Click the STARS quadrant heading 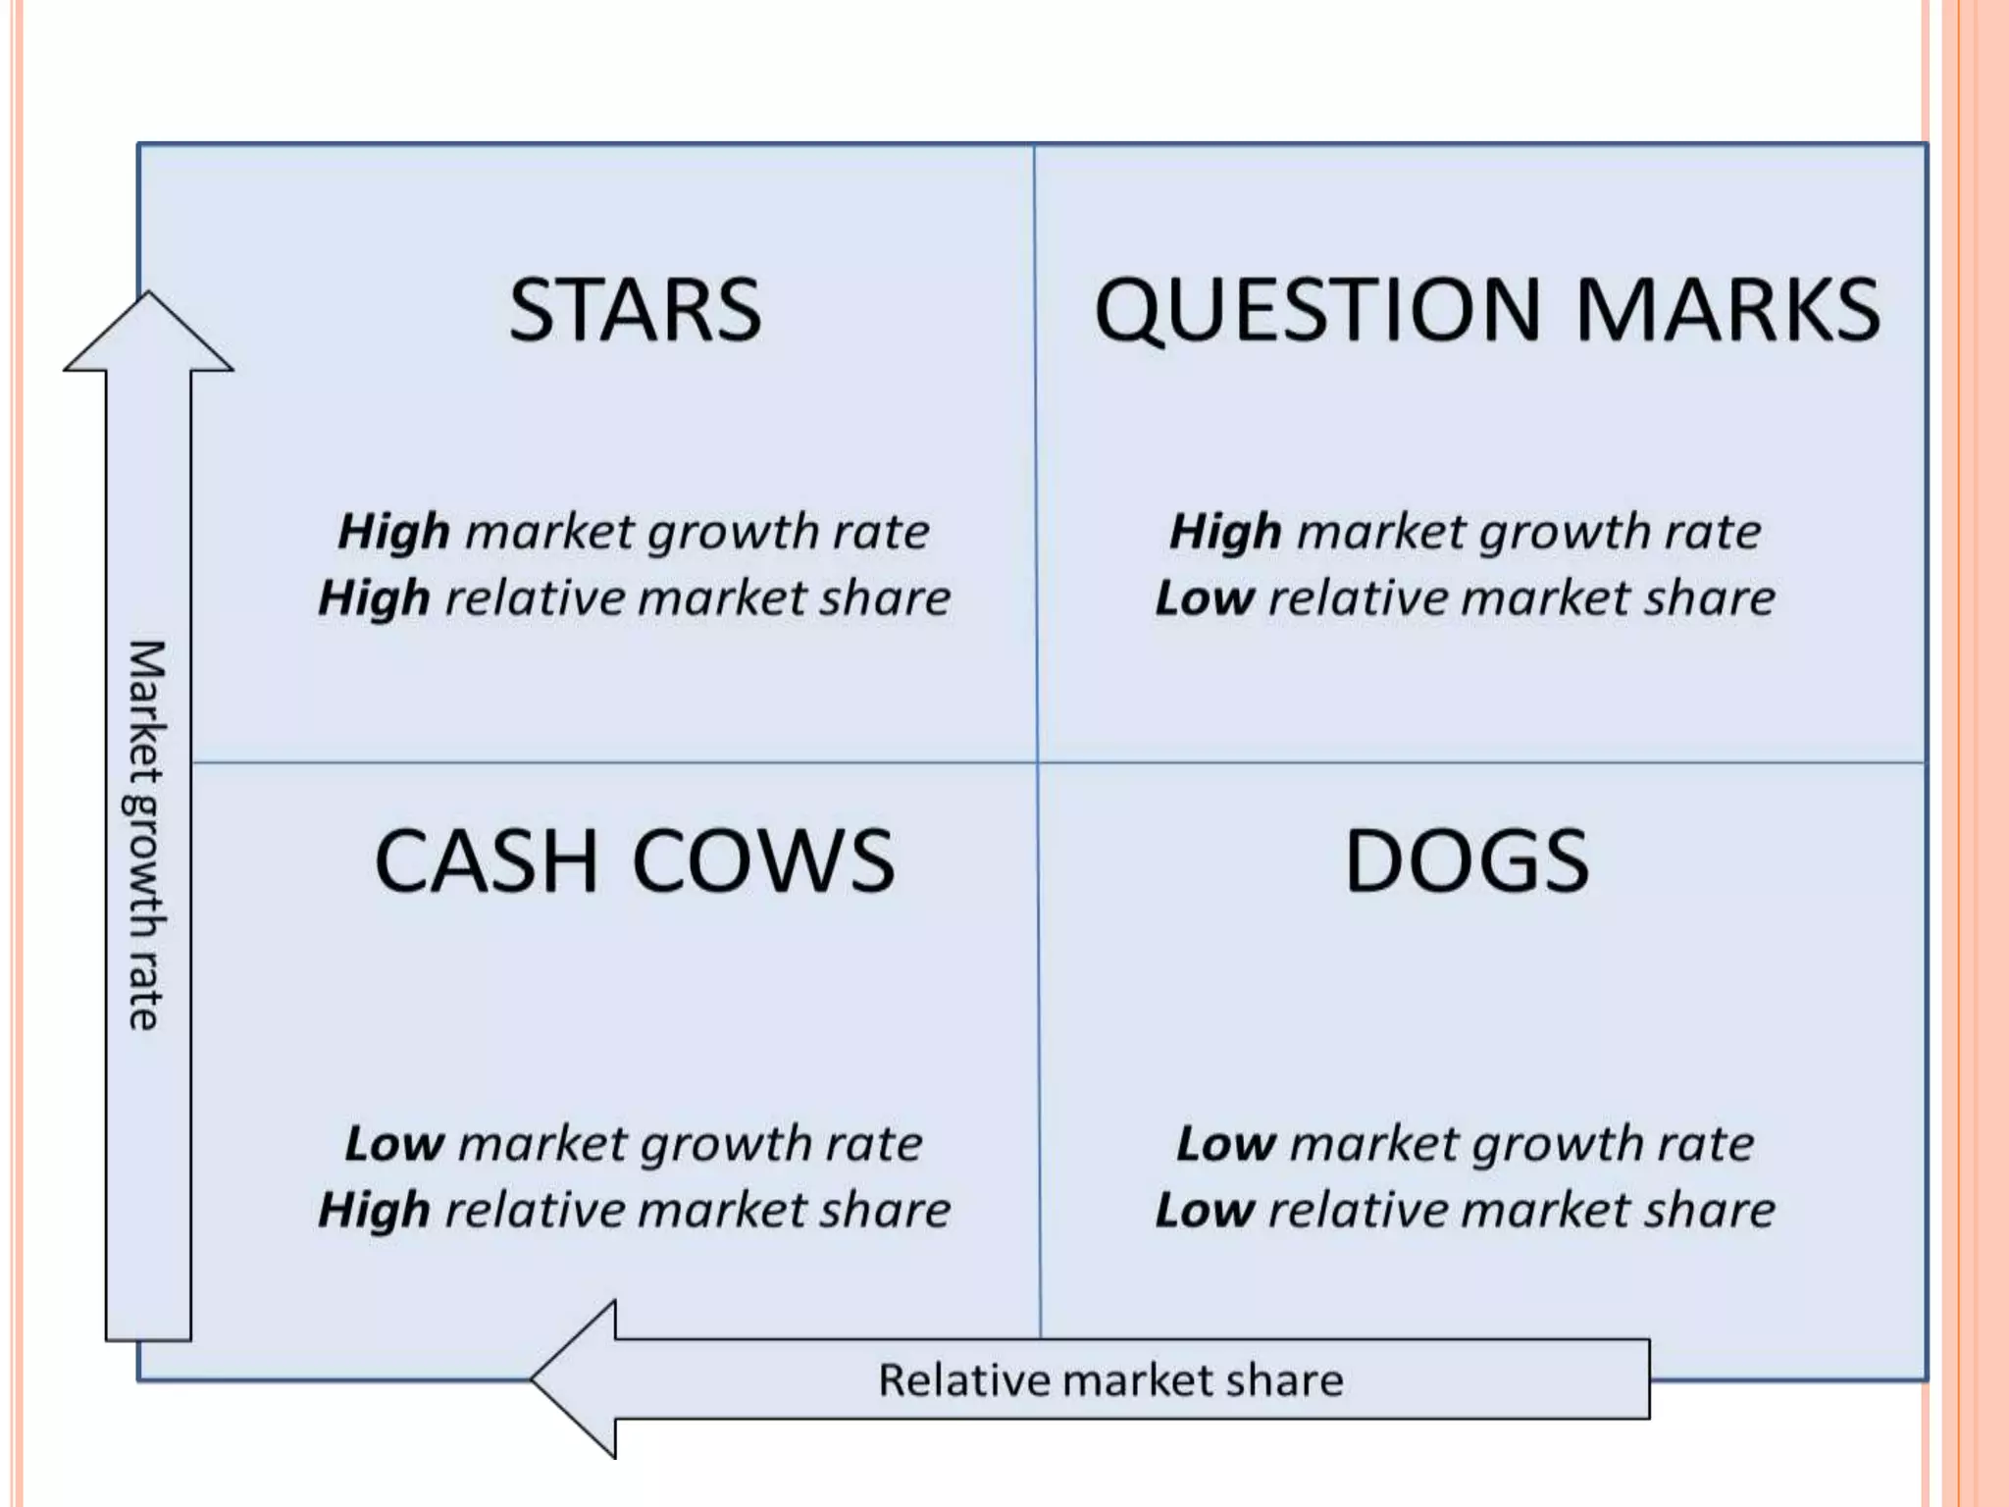click(635, 310)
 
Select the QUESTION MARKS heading click(1486, 310)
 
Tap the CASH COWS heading click(635, 861)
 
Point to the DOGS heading click(1467, 861)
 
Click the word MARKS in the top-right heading click(1727, 310)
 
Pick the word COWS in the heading click(763, 861)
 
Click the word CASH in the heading click(487, 861)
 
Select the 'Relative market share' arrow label click(1109, 1380)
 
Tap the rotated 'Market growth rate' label click(147, 835)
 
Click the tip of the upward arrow click(149, 295)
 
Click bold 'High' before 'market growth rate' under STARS click(393, 533)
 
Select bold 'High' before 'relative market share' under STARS click(374, 598)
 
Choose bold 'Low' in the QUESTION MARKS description click(1204, 598)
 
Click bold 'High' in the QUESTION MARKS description click(1225, 533)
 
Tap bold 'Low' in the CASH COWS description click(394, 1144)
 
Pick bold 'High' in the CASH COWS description click(374, 1211)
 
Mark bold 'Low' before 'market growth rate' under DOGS click(1226, 1144)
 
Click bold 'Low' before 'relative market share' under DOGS click(1204, 1211)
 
